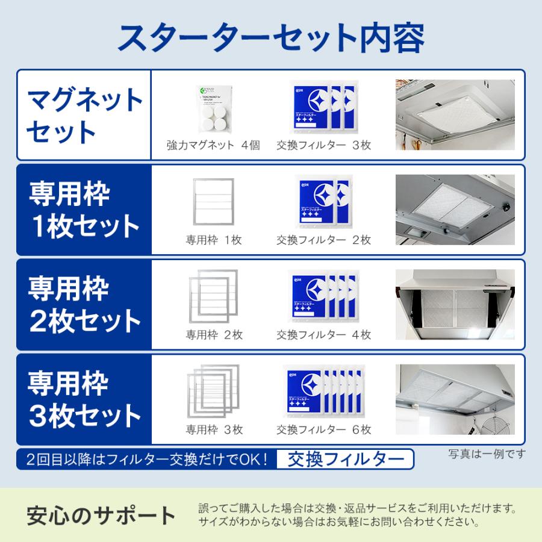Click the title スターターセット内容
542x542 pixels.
pyautogui.click(x=271, y=37)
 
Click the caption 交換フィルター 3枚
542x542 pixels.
pyautogui.click(x=323, y=146)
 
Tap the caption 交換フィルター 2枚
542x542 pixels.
pyautogui.click(x=323, y=240)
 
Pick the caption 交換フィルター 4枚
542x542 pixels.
pyautogui.click(x=323, y=335)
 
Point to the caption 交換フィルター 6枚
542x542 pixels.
pyautogui.click(x=323, y=430)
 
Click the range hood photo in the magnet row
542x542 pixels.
pyautogui.click(x=455, y=114)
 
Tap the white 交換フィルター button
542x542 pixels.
pyautogui.click(x=345, y=459)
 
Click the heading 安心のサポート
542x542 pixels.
pyautogui.click(x=101, y=515)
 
